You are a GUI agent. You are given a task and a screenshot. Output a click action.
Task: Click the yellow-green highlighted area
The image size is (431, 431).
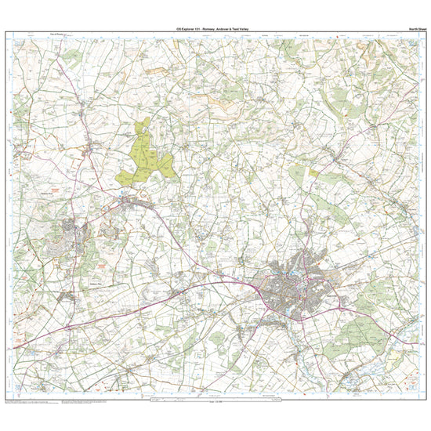click(x=145, y=154)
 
